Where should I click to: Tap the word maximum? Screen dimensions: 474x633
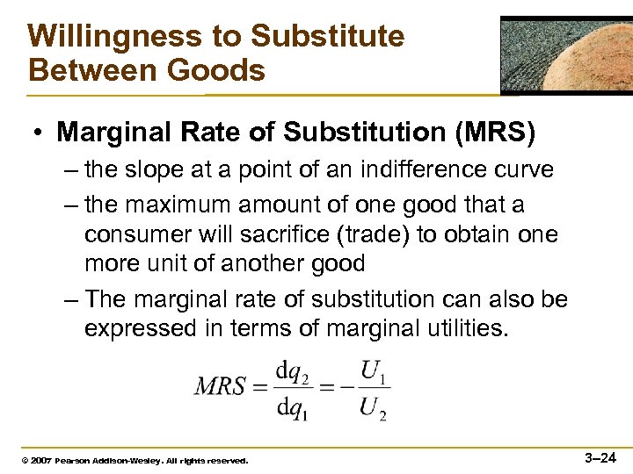coord(191,205)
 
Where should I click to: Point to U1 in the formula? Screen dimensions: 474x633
coord(375,372)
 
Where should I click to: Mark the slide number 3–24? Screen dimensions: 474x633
coord(601,457)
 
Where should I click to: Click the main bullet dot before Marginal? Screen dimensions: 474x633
coord(40,133)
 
